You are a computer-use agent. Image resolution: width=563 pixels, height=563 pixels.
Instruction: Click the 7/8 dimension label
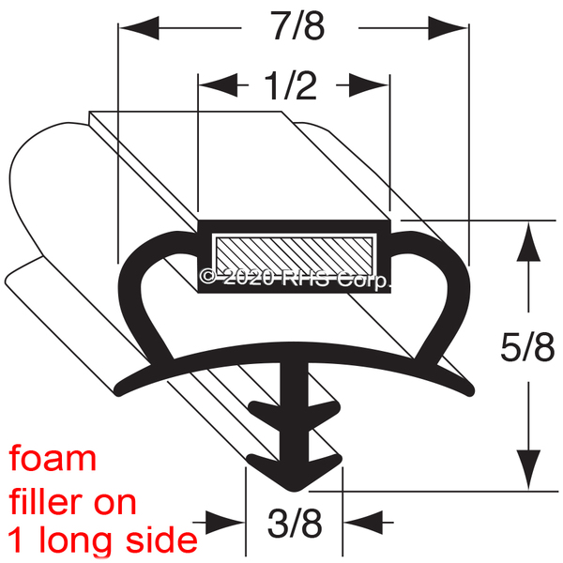(298, 26)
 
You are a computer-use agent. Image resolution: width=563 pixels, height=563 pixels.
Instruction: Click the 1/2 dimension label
(291, 85)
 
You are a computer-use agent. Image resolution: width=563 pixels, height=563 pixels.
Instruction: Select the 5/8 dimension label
(527, 347)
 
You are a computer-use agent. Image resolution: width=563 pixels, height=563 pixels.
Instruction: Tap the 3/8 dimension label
(295, 524)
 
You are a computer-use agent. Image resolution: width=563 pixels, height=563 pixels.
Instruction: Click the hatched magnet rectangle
(294, 255)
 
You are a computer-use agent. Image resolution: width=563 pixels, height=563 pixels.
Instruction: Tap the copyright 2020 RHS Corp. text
(295, 279)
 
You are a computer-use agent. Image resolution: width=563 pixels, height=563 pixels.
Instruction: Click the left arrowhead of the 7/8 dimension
(139, 27)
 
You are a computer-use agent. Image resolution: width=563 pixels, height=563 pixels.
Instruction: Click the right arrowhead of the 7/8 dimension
(448, 27)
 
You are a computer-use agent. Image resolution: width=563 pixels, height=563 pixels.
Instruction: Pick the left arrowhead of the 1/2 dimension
(219, 85)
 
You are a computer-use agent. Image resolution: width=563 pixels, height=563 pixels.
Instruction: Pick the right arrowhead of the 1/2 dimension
(369, 85)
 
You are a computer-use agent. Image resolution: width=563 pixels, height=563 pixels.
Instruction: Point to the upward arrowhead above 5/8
(528, 241)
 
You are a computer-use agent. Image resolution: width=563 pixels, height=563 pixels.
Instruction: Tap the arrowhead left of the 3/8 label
(225, 523)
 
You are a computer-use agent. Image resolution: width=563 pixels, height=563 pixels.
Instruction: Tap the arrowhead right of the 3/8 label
(363, 523)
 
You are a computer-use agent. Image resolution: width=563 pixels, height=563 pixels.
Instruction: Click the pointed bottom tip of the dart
(295, 491)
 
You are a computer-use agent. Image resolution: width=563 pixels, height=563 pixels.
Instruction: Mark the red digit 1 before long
(15, 540)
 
